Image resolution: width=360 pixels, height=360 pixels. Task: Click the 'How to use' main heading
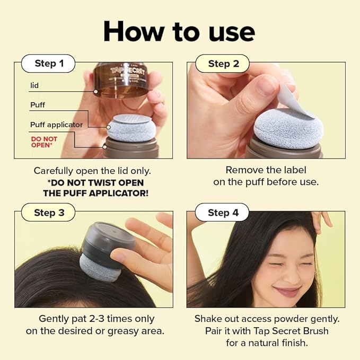click(x=180, y=31)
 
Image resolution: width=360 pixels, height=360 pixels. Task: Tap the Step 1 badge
click(x=49, y=64)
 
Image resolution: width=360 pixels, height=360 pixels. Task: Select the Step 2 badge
click(x=223, y=64)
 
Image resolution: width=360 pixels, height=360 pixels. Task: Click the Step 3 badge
click(x=49, y=213)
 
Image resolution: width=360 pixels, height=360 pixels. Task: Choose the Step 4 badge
click(x=223, y=213)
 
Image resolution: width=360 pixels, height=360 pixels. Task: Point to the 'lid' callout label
click(x=34, y=85)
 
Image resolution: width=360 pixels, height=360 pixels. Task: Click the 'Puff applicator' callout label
click(x=56, y=125)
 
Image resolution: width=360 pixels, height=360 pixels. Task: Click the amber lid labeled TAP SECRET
click(x=121, y=79)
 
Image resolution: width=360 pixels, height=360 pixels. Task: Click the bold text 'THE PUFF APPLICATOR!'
click(x=95, y=193)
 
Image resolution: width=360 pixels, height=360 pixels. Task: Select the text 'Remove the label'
click(x=266, y=170)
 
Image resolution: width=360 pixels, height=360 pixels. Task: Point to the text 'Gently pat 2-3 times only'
click(x=96, y=319)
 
